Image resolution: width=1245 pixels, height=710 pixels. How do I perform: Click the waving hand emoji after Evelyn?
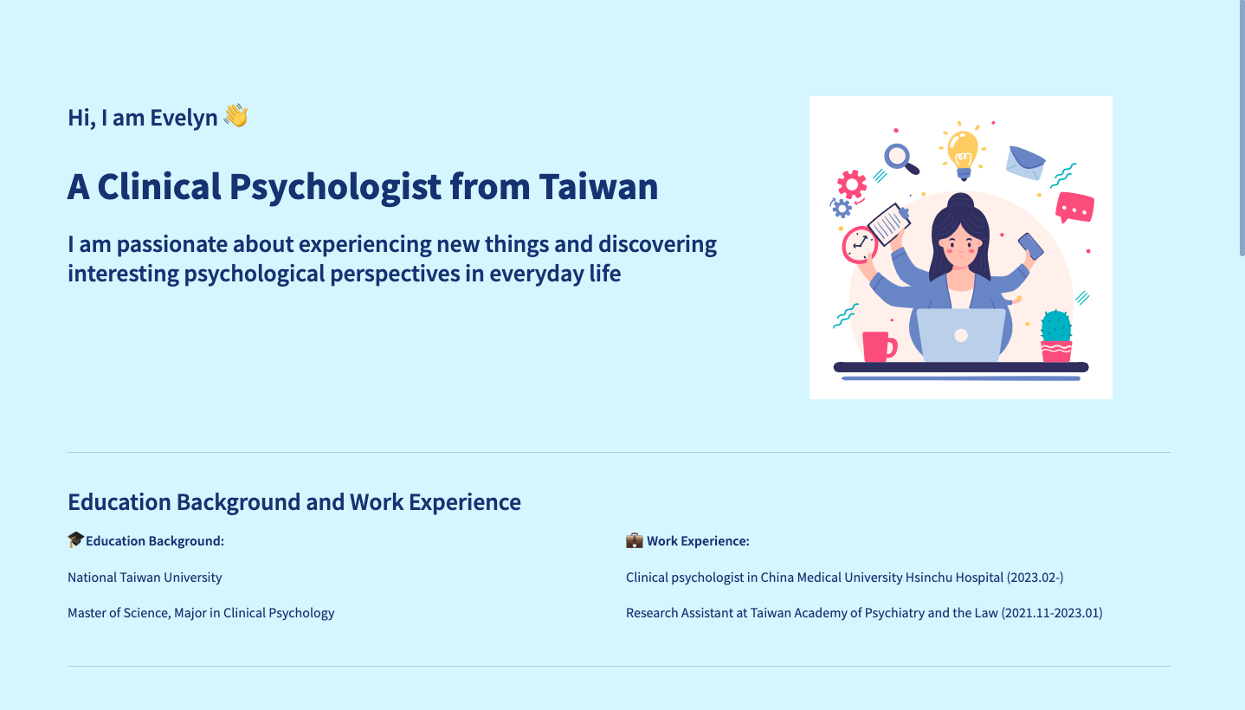coord(235,116)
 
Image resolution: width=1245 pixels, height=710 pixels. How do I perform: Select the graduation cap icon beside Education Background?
coord(76,540)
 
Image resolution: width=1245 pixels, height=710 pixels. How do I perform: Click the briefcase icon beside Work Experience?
coord(635,540)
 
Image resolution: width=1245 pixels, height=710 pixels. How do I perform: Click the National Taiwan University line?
coord(145,578)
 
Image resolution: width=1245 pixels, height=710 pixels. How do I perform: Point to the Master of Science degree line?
coord(201,613)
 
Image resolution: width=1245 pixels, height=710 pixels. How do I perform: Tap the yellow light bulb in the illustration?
coord(963,152)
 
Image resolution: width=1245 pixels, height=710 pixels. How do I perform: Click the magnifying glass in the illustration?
coord(899,158)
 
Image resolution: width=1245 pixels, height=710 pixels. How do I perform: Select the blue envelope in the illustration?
coord(1025,163)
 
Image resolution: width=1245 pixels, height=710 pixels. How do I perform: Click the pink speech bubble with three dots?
coord(1074,208)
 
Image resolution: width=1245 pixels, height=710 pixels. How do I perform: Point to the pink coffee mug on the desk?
coord(878,346)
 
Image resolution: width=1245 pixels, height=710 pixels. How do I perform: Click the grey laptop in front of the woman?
coord(961,336)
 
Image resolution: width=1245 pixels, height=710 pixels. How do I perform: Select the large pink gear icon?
coord(852,184)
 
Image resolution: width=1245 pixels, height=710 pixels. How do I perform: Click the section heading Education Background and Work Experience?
coord(294,502)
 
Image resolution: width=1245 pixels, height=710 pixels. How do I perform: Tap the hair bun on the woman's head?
coord(960,203)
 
